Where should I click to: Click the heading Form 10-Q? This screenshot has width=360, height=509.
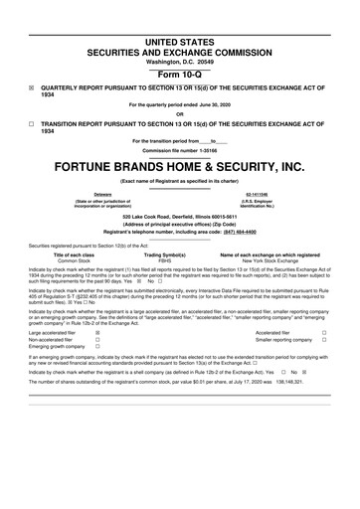pos(179,75)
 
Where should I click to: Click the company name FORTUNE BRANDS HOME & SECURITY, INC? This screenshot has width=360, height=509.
pos(179,166)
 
